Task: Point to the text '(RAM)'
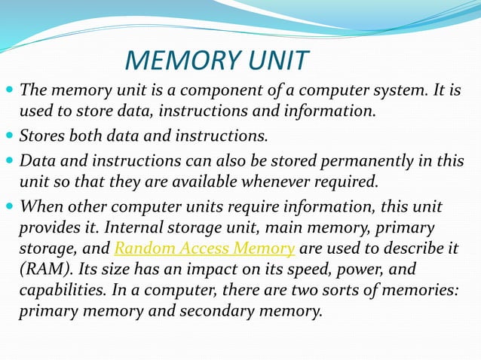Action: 41,270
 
